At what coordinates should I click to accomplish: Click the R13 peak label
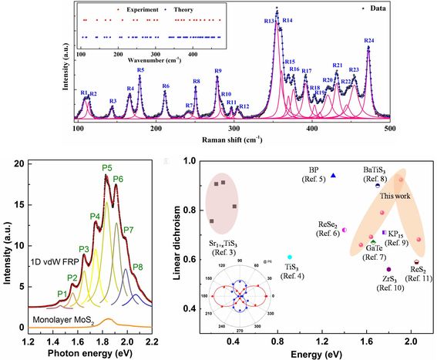coord(271,21)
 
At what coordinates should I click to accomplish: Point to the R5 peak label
coord(140,70)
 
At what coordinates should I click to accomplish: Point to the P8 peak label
coord(138,267)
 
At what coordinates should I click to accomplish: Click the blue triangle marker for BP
coord(333,175)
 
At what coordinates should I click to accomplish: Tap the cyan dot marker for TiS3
coord(290,257)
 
